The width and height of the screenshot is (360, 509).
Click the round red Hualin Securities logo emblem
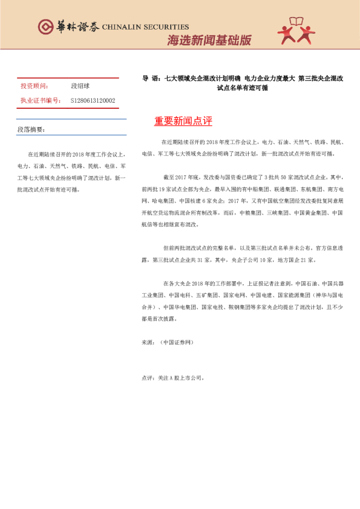coord(46,27)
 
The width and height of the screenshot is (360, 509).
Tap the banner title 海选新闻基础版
coord(209,41)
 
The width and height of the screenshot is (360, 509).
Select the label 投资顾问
coord(34,86)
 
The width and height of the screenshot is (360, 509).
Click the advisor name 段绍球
coord(80,86)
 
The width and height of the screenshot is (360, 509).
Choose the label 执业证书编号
coord(40,100)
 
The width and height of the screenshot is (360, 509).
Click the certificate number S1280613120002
coord(93,100)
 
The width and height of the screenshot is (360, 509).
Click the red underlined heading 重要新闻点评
coord(183,121)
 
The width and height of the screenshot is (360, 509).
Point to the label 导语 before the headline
coord(150,79)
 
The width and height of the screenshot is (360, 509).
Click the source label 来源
coord(147,342)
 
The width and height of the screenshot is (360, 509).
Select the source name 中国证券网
coord(177,342)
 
